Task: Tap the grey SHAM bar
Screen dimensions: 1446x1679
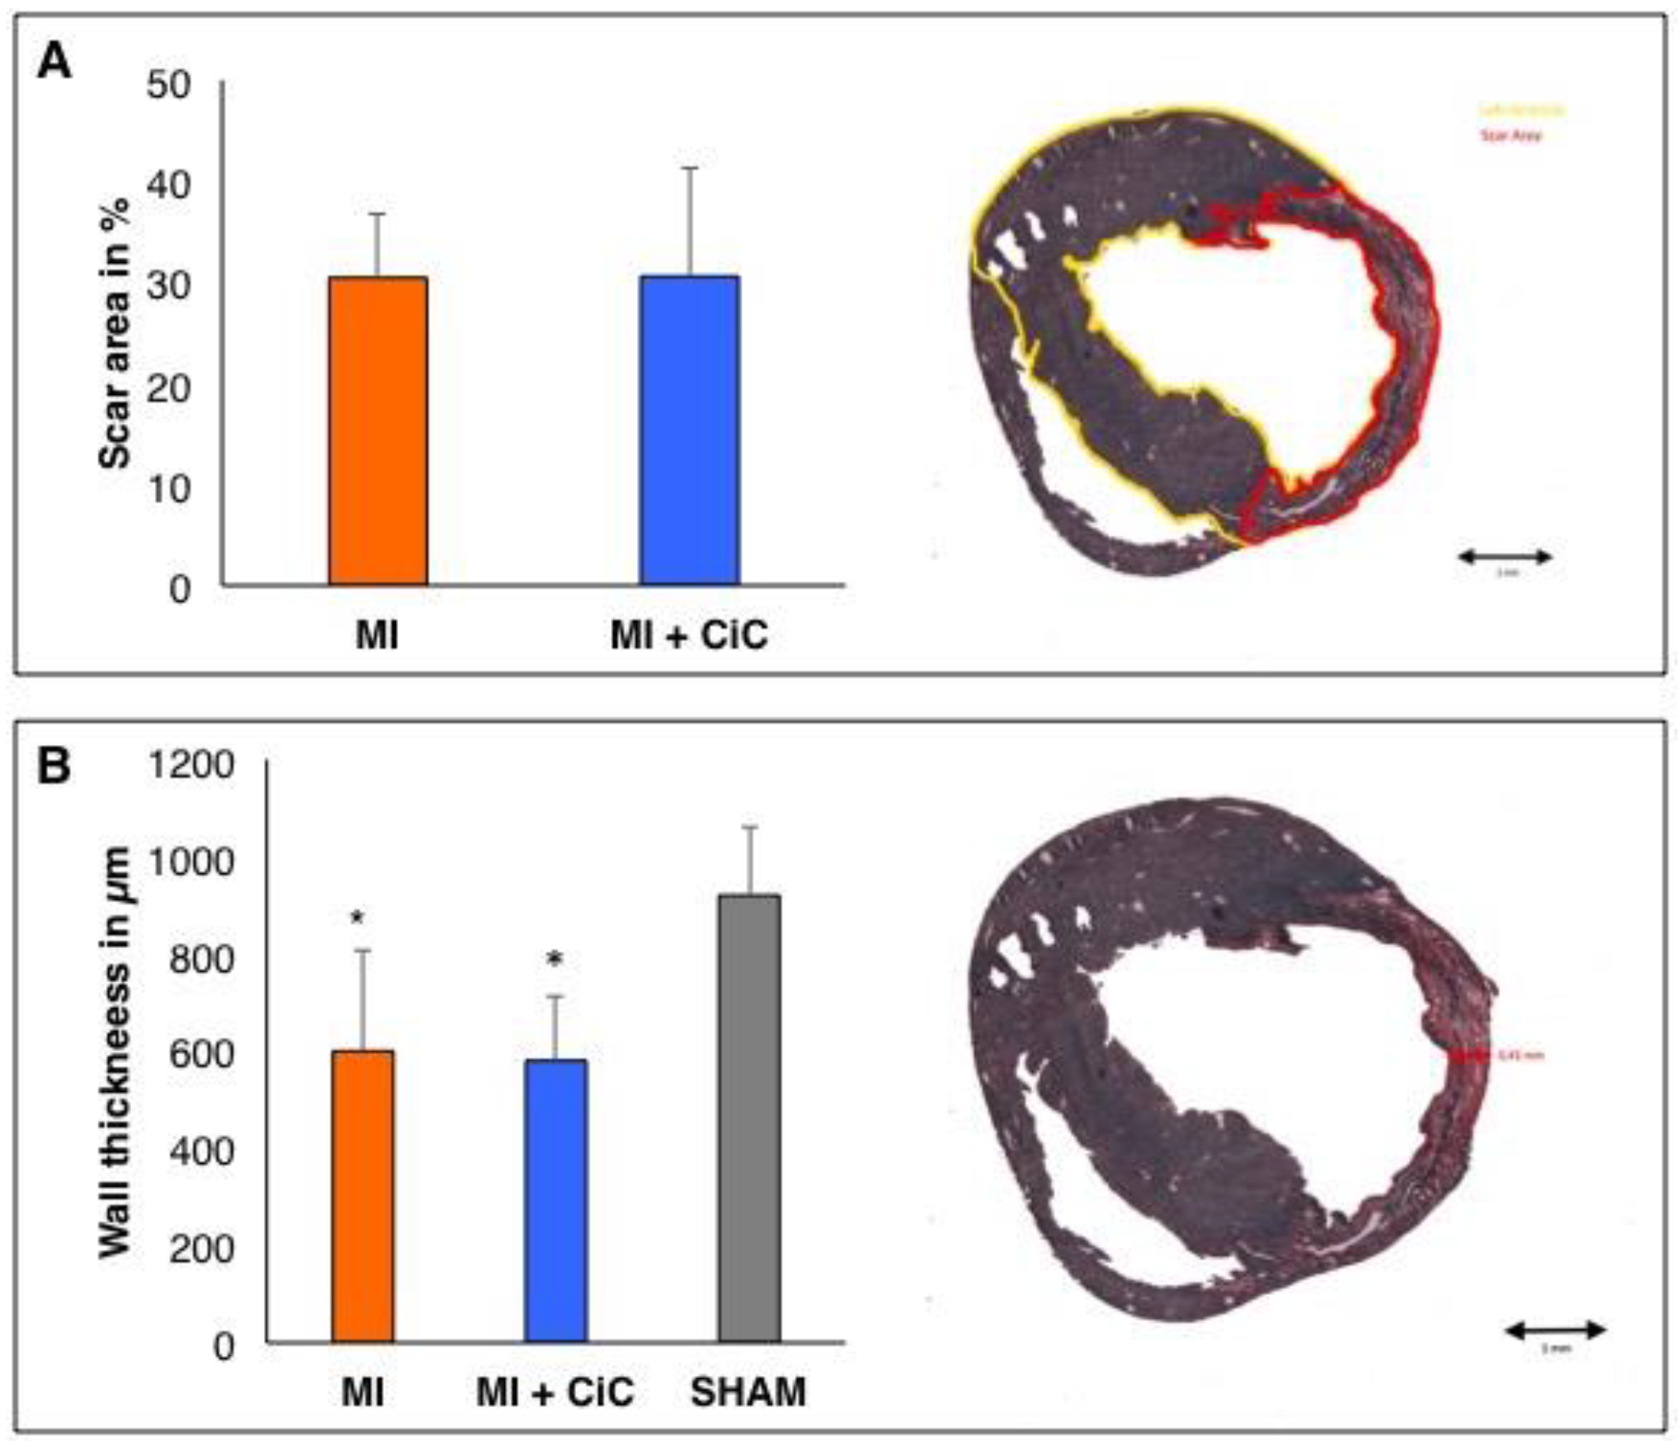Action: [750, 1118]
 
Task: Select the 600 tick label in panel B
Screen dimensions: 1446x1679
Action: [201, 1055]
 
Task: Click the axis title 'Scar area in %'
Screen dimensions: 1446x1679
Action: [116, 332]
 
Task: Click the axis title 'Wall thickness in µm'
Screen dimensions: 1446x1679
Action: [116, 1053]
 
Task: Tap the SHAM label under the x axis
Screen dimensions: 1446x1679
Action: [749, 1392]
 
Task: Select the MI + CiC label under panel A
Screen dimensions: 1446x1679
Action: [689, 635]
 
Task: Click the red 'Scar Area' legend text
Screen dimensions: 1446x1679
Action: [1510, 135]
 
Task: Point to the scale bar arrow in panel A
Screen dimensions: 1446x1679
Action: [1504, 557]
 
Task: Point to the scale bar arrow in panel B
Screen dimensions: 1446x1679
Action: [1556, 1330]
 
